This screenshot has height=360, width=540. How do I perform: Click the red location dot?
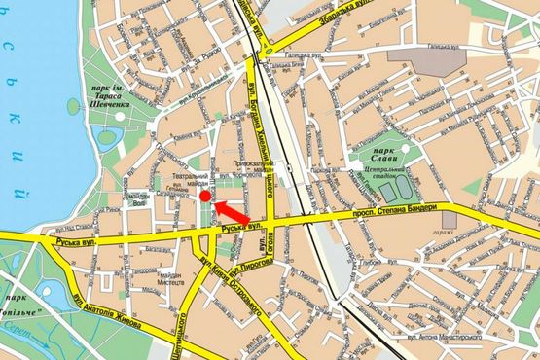pos(205,197)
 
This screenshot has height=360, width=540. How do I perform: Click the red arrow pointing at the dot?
pos(233,210)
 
